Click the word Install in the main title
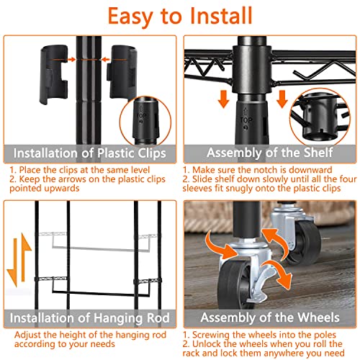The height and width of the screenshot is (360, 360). click(x=221, y=16)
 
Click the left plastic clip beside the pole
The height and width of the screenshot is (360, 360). click(x=53, y=74)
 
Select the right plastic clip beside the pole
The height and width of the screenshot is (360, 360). click(x=122, y=73)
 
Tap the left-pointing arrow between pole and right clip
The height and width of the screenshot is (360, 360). click(x=105, y=59)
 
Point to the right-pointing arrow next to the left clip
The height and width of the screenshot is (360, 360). click(x=72, y=59)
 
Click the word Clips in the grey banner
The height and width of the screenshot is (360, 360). click(x=150, y=153)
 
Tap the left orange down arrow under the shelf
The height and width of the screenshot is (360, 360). click(x=224, y=99)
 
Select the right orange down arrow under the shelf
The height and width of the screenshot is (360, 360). click(x=282, y=99)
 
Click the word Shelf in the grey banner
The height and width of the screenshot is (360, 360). click(x=318, y=153)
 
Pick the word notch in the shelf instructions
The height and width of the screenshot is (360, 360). click(x=266, y=170)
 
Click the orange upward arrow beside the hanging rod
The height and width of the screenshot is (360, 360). click(x=25, y=257)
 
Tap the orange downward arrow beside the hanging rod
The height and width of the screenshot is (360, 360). click(x=13, y=262)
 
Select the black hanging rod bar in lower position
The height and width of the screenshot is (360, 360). click(x=100, y=293)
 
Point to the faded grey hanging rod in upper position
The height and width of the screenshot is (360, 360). click(x=100, y=248)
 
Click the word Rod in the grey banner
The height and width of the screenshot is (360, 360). click(x=158, y=318)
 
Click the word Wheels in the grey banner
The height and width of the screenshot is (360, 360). click(x=318, y=318)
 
